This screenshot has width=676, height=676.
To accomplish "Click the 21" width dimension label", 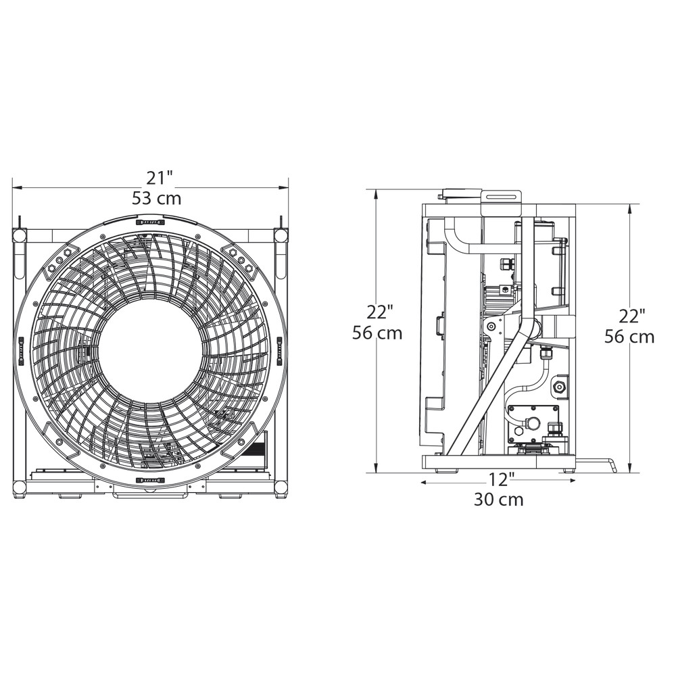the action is click(160, 178).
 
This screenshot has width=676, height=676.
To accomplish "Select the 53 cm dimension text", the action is click(157, 198).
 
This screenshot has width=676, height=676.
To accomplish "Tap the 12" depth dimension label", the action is click(502, 479).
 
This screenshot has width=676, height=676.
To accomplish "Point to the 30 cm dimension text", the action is click(499, 500).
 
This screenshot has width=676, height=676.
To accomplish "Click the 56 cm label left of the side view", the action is click(377, 333).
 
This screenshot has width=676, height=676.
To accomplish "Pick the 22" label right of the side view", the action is click(632, 316).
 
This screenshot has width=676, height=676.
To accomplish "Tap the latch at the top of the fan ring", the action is click(149, 222).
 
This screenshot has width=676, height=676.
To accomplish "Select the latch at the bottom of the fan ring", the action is click(149, 480).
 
